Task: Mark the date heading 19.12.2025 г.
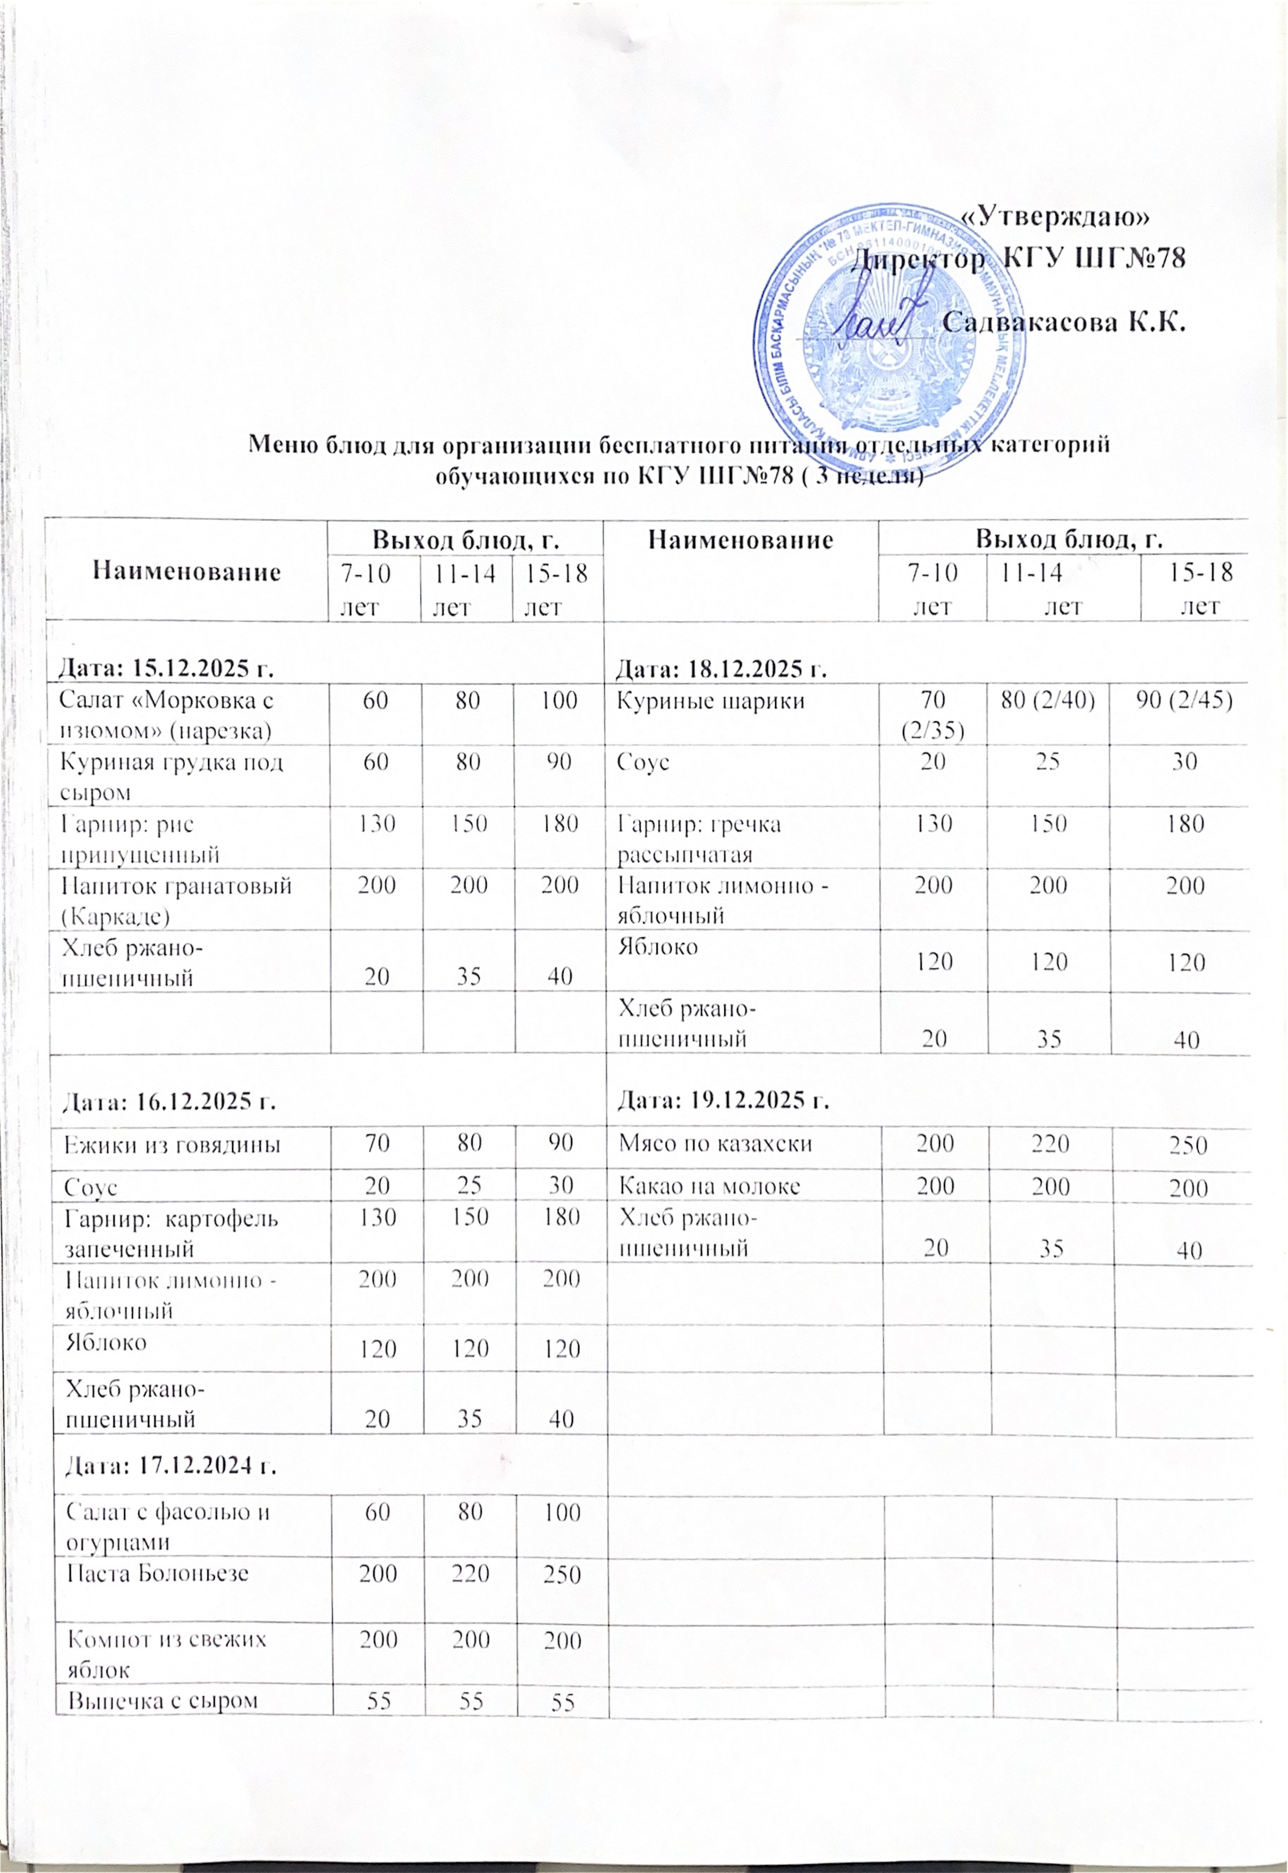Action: pyautogui.click(x=724, y=1100)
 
